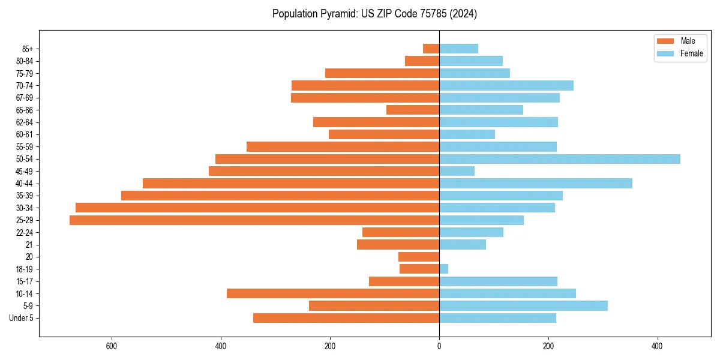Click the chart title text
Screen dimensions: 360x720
(x=374, y=14)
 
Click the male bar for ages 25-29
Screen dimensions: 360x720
(x=254, y=220)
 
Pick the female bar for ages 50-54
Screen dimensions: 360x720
(x=560, y=159)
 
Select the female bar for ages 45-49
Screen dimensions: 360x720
(x=457, y=171)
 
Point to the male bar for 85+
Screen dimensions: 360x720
(x=431, y=49)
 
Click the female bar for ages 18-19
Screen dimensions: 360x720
(x=444, y=269)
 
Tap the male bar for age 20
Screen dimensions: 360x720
(x=419, y=257)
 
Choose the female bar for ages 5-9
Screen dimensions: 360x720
(x=523, y=305)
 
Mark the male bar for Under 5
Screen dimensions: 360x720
(x=346, y=318)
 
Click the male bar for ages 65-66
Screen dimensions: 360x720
(x=413, y=110)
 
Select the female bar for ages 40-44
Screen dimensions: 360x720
(x=536, y=184)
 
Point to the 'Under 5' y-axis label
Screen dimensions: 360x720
(x=21, y=318)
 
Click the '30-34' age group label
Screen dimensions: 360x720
(x=25, y=208)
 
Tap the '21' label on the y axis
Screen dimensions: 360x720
(x=29, y=245)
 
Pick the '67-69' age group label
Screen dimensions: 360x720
(x=25, y=98)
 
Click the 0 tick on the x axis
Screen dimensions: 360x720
(x=439, y=346)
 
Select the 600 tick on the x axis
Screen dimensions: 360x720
(x=111, y=346)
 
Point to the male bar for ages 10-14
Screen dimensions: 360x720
(x=333, y=293)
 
